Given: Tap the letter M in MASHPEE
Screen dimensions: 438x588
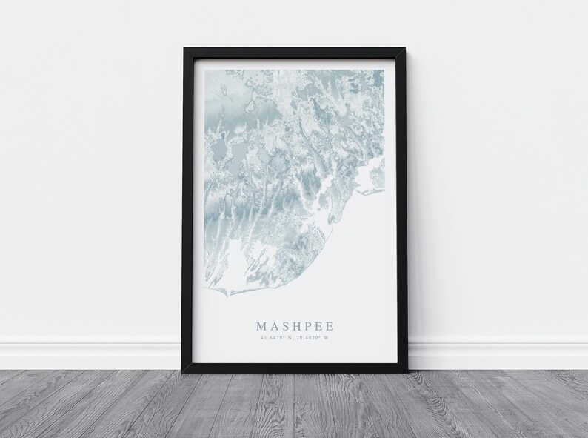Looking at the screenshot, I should (261, 325).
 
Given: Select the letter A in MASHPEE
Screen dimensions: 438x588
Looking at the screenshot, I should (273, 325).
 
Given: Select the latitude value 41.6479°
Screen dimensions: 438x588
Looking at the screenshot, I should (273, 339).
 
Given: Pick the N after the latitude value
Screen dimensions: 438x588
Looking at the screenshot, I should (290, 339).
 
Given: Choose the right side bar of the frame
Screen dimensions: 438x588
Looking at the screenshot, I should (400, 215).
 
